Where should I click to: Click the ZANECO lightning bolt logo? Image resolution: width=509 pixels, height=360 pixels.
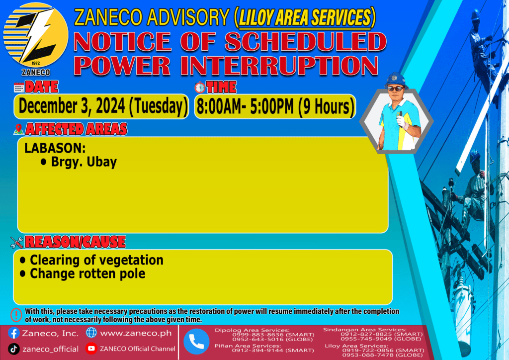pos(36,35)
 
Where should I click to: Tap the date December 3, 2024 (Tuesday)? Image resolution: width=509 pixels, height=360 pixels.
pos(103,106)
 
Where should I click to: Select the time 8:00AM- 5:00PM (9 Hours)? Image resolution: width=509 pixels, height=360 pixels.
pos(275,106)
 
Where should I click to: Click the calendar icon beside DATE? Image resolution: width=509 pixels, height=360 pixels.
pos(19,88)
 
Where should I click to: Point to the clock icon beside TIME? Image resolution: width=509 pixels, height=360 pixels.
pos(200,88)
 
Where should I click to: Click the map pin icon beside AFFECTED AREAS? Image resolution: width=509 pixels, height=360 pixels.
pos(18,129)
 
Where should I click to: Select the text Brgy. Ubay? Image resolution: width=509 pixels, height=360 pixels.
pos(84,162)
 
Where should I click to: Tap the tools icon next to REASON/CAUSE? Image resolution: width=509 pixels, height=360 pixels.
pos(17,243)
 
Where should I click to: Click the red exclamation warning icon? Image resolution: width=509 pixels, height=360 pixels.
pos(16,315)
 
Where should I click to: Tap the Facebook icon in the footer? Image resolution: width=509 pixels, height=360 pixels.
pos(13,333)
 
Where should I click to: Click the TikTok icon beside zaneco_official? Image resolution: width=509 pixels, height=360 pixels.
pos(13,349)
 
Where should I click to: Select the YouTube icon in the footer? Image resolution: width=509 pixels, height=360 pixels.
pos(91,348)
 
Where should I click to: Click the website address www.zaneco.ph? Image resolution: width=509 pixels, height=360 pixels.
pos(136,333)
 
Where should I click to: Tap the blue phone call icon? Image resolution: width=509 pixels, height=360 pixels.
pos(196,342)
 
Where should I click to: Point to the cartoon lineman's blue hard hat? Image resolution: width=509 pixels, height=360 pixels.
pos(396,80)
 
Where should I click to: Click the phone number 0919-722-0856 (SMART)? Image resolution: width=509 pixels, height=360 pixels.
pos(383,350)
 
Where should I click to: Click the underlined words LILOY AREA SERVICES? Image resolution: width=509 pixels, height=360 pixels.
pos(305,17)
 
